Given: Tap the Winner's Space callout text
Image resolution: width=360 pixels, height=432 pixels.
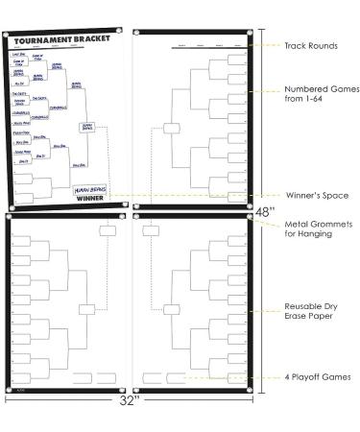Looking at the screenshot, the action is tap(311, 195).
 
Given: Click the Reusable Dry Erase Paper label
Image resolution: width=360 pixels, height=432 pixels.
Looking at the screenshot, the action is tap(308, 313).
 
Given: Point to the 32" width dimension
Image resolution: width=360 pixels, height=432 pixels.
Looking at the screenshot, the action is tap(131, 403).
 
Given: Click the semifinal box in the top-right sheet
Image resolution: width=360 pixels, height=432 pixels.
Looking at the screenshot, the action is tap(171, 126).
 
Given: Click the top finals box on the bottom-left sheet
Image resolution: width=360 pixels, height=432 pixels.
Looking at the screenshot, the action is tap(105, 229).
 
